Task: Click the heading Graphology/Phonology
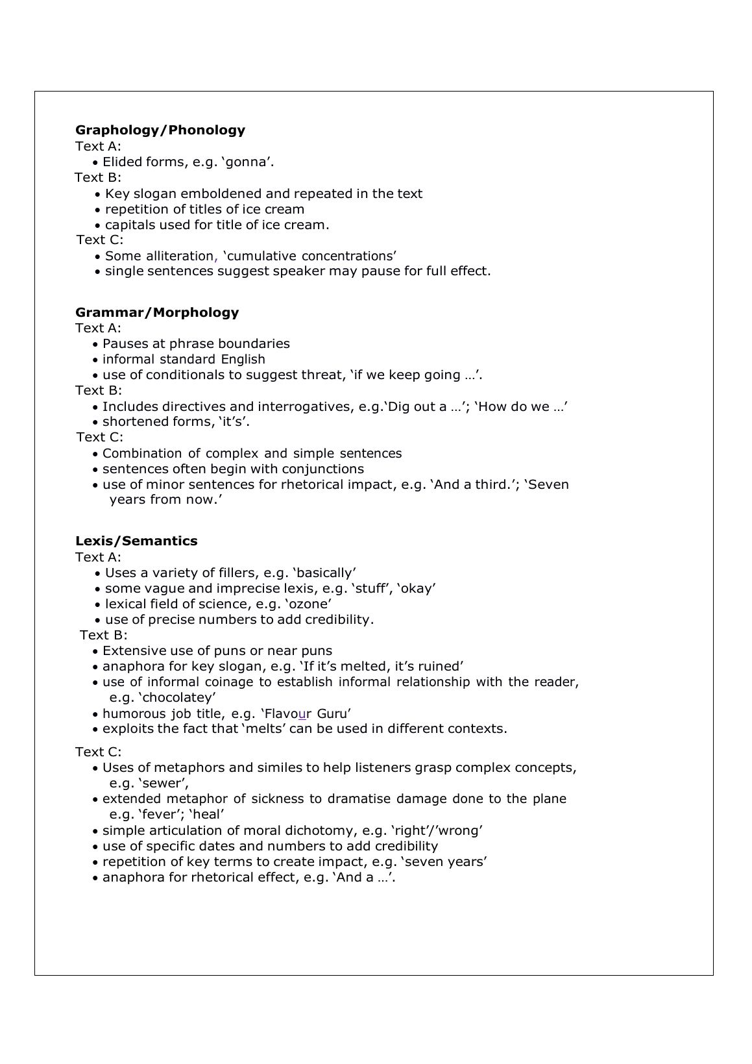coord(160,130)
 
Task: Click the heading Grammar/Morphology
coord(157,312)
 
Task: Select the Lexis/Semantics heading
coord(136,541)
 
